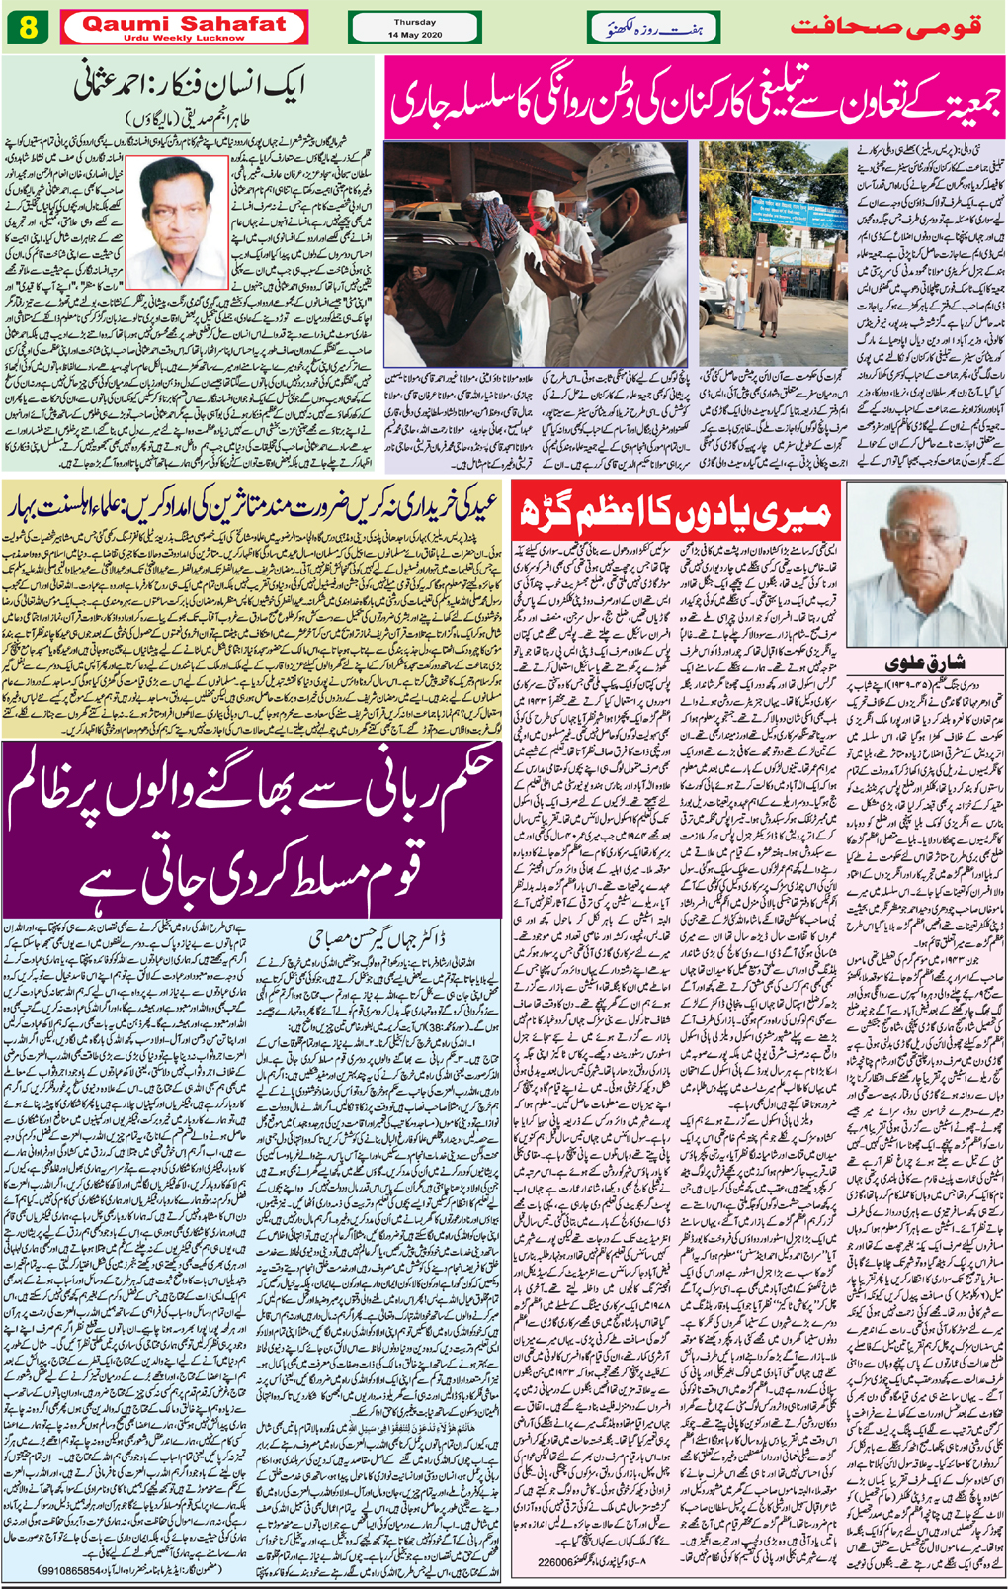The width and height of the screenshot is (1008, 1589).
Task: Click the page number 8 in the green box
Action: point(27,27)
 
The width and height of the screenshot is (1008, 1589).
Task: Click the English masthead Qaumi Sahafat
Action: point(184,22)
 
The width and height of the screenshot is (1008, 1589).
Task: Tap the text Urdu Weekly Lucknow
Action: point(184,38)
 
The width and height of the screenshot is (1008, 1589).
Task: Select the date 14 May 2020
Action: point(415,35)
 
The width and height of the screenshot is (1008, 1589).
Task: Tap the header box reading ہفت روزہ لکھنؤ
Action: point(652,28)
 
